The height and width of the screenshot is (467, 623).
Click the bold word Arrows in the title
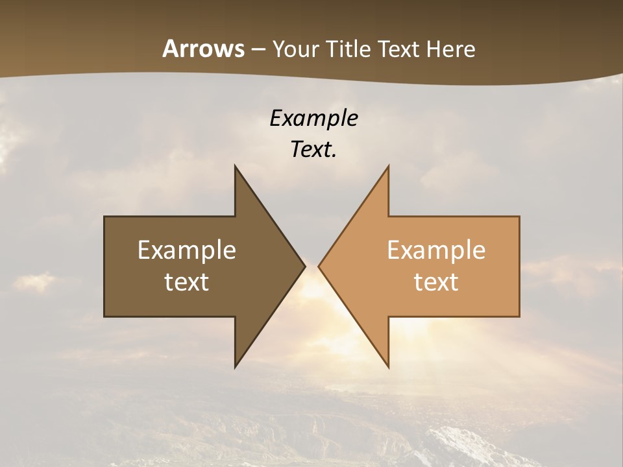click(203, 49)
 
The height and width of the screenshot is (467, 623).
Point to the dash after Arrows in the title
click(258, 49)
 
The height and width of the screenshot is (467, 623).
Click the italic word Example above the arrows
click(313, 118)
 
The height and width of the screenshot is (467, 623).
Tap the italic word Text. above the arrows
click(313, 149)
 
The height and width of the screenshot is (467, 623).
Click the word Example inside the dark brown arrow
click(187, 250)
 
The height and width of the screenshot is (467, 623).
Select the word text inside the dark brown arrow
click(187, 281)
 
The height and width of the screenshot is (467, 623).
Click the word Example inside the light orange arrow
click(436, 250)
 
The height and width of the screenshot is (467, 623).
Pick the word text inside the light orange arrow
click(436, 281)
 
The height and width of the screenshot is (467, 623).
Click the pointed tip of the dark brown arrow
click(304, 266)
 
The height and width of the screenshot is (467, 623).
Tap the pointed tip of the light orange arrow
click(320, 266)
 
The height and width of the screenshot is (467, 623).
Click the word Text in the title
click(399, 49)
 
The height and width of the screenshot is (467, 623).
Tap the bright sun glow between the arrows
click(312, 292)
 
